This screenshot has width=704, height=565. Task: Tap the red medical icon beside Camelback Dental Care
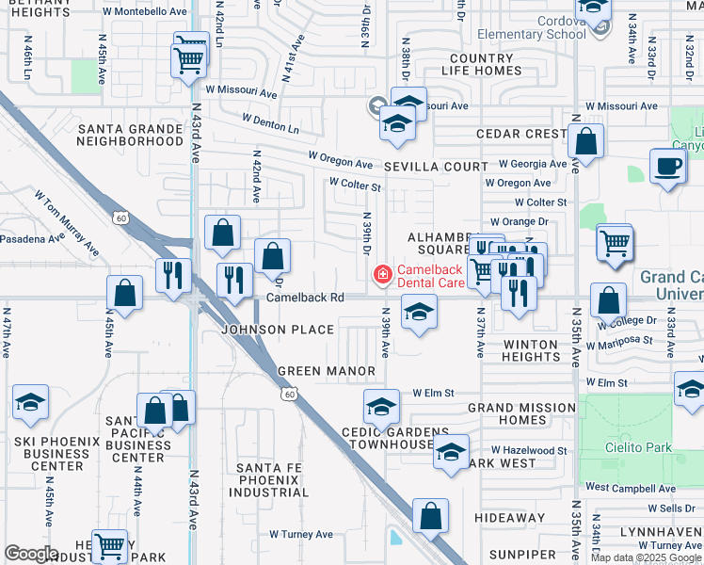(x=382, y=274)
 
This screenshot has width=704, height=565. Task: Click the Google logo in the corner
(x=31, y=554)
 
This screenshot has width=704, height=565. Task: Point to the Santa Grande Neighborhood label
(x=130, y=135)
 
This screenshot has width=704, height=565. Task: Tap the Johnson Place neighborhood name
(x=277, y=330)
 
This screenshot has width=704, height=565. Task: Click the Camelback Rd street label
(x=304, y=297)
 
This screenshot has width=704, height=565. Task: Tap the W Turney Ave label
(x=301, y=534)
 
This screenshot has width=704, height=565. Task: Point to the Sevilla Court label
(x=436, y=166)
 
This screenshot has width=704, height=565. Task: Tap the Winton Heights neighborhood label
(x=531, y=350)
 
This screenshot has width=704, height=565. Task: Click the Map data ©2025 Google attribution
(x=646, y=557)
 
